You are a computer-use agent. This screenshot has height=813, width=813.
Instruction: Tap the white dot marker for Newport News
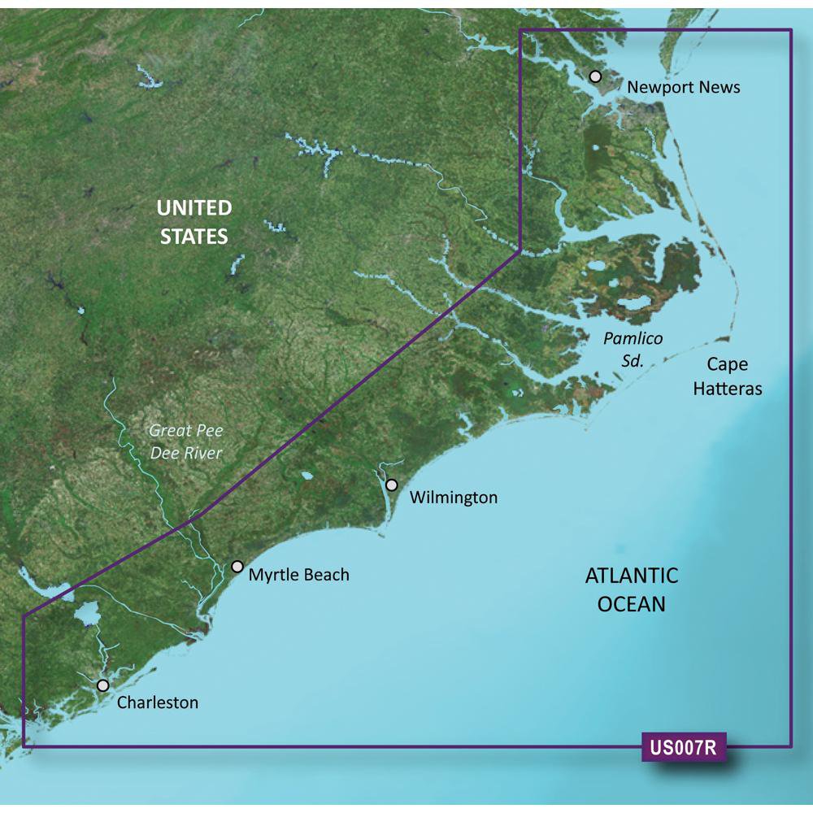pos(595,76)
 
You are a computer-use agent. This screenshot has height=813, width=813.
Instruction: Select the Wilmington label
pos(454,497)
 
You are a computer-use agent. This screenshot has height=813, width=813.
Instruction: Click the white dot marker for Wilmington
pos(392,485)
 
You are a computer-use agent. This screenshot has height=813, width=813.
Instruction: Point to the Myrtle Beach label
pos(298,575)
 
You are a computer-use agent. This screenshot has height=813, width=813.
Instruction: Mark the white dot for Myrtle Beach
pos(237,567)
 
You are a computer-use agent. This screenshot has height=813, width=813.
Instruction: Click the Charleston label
pos(158,702)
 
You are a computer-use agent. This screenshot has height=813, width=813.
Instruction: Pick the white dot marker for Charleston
pos(102,685)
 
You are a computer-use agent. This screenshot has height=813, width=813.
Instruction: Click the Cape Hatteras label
pos(727,376)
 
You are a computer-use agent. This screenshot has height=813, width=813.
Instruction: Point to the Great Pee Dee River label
pos(186,441)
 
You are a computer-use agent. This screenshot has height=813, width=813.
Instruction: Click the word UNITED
pos(194,208)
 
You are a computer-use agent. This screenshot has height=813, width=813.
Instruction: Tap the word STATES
pos(193,237)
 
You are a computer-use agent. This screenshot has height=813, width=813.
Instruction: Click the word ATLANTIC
pos(632,576)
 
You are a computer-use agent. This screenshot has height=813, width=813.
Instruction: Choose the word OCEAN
pos(632,604)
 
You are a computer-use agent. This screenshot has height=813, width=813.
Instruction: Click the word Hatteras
pos(727,389)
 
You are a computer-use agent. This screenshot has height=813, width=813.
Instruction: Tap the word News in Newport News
pos(720,87)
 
